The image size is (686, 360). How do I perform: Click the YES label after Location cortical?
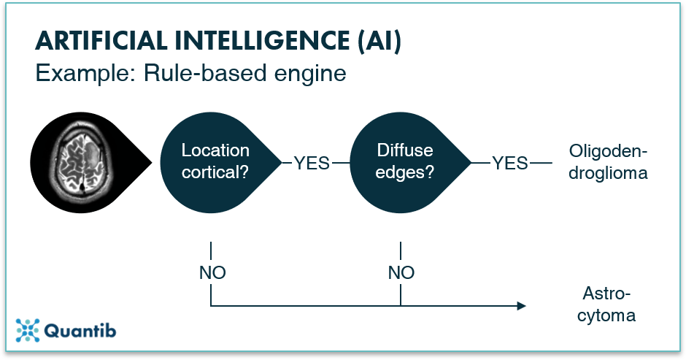[312, 163]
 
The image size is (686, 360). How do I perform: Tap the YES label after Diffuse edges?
[510, 163]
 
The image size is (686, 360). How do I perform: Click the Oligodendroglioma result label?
[608, 162]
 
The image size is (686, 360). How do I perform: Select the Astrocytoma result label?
[608, 305]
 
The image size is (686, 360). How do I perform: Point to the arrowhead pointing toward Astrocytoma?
[520, 306]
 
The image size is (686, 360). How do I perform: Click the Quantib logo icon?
[28, 331]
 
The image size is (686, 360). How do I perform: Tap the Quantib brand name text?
[80, 332]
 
